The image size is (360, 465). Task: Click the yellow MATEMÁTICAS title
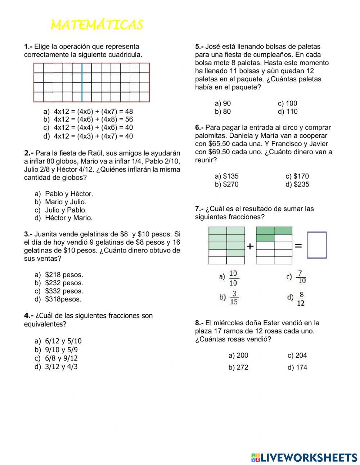click(x=97, y=25)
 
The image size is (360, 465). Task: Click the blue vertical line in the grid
click(x=82, y=82)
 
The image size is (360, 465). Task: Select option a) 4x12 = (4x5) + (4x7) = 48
click(x=93, y=111)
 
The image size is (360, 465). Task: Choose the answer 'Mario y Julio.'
click(x=65, y=202)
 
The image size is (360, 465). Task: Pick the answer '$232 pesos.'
click(x=64, y=283)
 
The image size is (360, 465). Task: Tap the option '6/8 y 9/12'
click(x=61, y=358)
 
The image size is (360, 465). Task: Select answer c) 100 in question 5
click(x=287, y=103)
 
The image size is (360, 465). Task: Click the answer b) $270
click(x=226, y=184)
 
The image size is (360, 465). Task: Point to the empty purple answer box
click(x=317, y=245)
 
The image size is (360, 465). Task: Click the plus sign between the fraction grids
click(x=250, y=246)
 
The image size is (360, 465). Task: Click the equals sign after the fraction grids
click(x=298, y=246)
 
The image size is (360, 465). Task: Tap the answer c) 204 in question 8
click(x=297, y=356)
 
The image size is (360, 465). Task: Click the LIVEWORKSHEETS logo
click(x=304, y=457)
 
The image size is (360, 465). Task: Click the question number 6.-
click(x=199, y=128)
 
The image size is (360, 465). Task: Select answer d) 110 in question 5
click(x=288, y=112)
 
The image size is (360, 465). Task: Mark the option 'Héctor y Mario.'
click(x=68, y=218)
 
